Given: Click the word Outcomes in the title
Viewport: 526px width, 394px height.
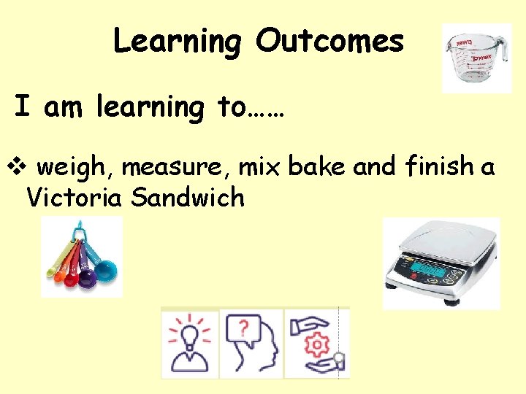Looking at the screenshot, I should coord(329,41).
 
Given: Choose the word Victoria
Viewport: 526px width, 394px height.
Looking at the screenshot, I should coord(70,197).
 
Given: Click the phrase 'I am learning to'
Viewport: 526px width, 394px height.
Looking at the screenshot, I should coord(150,108).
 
